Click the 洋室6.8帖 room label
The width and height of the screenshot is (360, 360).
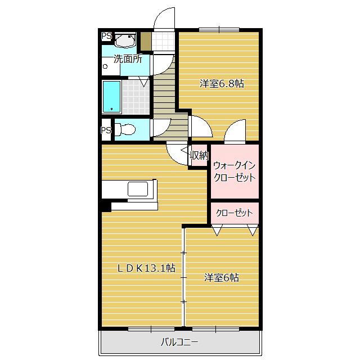222,84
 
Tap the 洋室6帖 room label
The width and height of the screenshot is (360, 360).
222,277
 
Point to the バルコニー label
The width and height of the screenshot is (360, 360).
179,341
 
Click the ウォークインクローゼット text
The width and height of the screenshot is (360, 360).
235,171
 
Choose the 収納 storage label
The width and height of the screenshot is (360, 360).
200,156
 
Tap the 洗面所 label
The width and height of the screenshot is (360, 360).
128,58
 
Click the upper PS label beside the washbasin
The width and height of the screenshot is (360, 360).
106,36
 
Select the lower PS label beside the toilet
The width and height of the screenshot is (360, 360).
106,130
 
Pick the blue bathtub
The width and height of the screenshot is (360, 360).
111,97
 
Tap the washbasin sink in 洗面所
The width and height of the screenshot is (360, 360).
125,41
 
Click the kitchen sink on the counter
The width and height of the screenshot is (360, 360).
138,188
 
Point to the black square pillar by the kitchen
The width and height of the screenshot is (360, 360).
106,206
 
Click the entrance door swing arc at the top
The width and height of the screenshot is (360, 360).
164,17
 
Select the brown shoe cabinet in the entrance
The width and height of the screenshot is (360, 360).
146,42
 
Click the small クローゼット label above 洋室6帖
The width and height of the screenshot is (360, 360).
235,213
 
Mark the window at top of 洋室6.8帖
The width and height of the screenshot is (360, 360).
219,29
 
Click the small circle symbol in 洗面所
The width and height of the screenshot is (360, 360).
105,66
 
